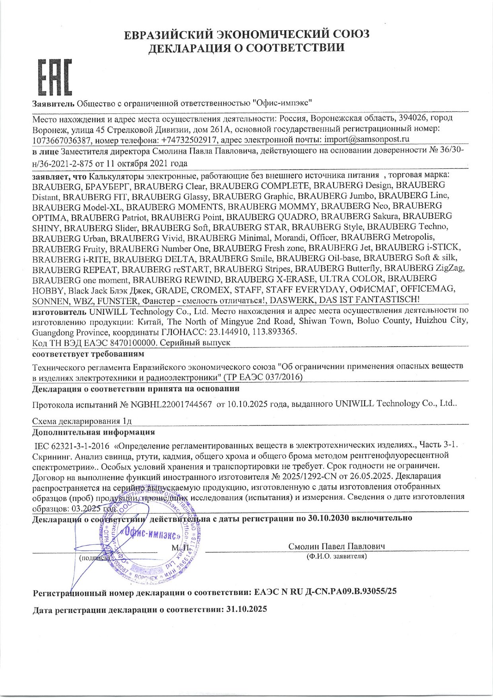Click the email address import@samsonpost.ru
(367, 139)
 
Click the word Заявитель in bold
(53, 104)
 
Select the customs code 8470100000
(133, 342)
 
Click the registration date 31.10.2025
(246, 609)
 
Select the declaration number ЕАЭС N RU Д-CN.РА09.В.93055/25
(325, 592)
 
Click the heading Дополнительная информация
(93, 432)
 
